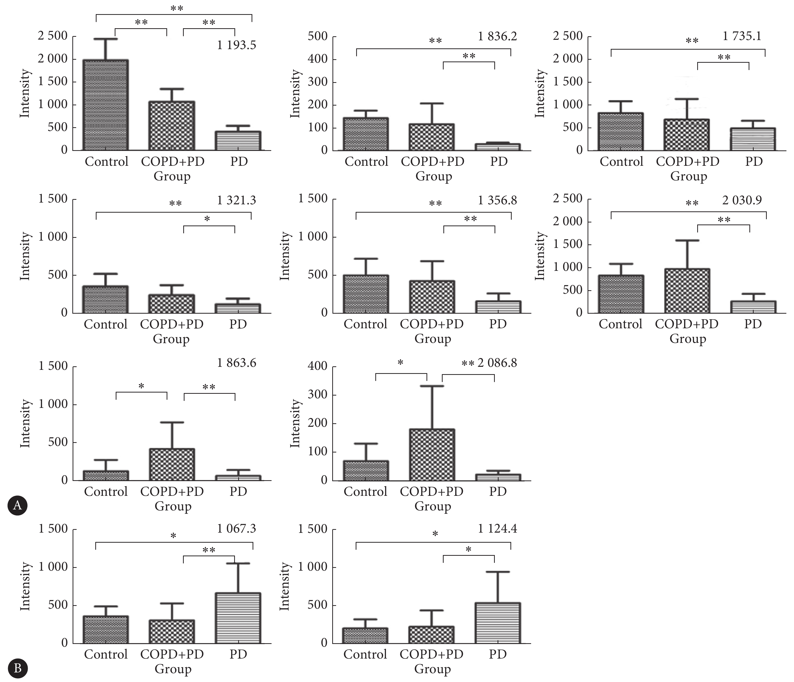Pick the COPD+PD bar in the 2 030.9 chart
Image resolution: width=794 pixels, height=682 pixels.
coord(687,291)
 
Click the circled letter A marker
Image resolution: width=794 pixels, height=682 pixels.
coord(17,505)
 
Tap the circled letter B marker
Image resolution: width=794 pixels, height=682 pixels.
coord(17,668)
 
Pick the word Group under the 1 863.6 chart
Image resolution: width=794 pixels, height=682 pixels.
coord(173,506)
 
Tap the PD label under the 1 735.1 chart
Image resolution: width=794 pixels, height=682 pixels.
coord(754,161)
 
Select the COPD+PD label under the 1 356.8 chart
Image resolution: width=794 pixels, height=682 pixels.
coord(432,324)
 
